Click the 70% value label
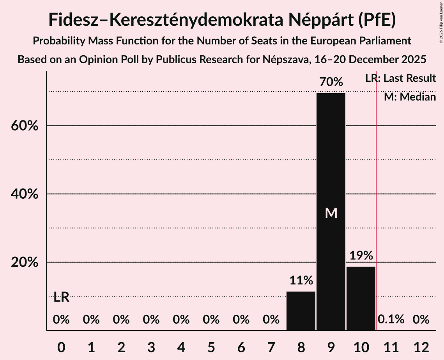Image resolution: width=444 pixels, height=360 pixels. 331,82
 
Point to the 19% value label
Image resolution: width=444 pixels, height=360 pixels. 361,256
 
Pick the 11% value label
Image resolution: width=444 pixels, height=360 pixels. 301,281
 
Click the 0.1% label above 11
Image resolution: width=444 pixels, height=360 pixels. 391,320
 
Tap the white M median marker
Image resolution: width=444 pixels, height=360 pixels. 331,213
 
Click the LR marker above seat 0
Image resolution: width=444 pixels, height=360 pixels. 61,298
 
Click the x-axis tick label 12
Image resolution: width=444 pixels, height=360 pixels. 421,347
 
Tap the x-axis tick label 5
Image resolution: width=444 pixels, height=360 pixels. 211,347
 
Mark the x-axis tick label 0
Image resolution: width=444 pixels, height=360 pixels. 61,347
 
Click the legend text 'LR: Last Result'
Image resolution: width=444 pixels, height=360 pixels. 400,78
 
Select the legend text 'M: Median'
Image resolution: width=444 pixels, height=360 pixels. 410,97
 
